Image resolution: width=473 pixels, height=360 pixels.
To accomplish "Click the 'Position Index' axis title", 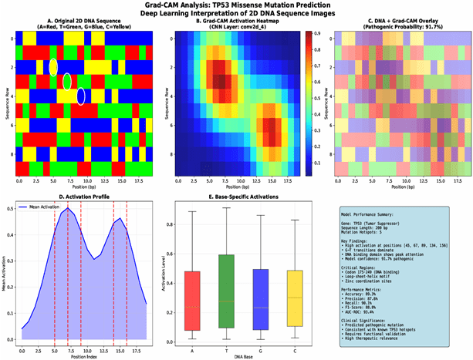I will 83,355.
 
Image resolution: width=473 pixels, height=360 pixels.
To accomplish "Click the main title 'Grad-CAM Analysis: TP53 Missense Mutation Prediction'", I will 236,5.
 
